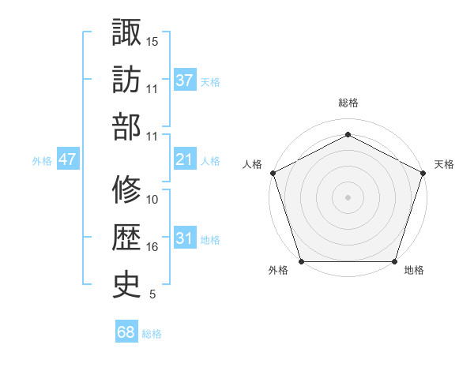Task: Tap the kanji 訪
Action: [126, 79]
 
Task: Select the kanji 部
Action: [126, 126]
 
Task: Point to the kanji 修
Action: [126, 190]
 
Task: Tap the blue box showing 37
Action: [184, 80]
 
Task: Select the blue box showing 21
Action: [184, 159]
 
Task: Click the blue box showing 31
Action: [184, 238]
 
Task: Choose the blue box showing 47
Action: [67, 159]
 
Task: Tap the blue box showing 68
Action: [126, 332]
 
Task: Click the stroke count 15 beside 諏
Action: [152, 41]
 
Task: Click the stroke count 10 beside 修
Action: [152, 200]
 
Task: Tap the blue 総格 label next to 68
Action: [152, 334]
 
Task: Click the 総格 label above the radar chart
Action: [348, 103]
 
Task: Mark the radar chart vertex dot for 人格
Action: [273, 172]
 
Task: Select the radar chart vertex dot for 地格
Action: [394, 261]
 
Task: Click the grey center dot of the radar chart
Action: [348, 197]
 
